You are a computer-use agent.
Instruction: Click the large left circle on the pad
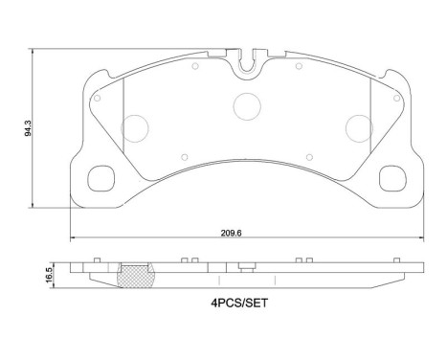(x=138, y=125)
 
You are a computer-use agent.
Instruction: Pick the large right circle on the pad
(x=359, y=125)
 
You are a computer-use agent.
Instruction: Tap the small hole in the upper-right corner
(x=394, y=96)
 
